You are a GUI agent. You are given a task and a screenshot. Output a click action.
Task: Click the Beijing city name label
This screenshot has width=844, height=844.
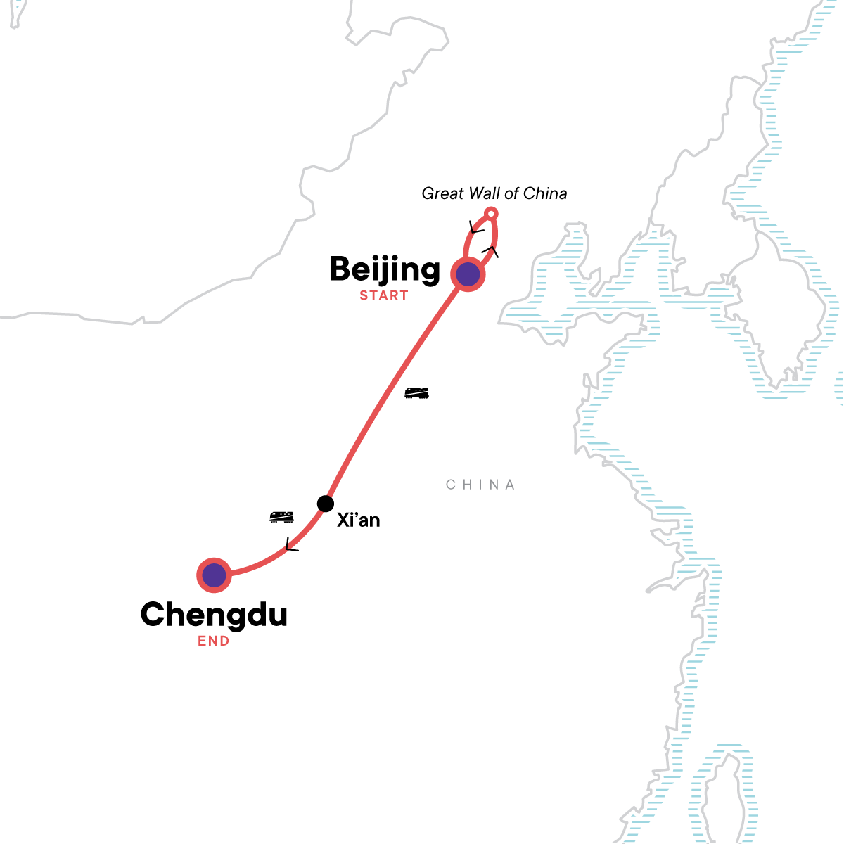pos(385,270)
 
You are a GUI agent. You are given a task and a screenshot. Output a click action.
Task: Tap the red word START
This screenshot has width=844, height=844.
pos(384,296)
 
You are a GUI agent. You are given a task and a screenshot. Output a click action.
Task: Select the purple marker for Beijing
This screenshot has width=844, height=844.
pos(468,274)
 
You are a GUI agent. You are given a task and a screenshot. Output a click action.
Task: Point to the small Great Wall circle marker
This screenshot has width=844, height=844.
pos(492,213)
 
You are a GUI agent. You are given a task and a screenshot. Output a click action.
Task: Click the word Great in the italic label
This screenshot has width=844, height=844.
pos(442,193)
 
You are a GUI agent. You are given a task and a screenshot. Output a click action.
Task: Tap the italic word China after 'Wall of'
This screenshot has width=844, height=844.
pos(546,193)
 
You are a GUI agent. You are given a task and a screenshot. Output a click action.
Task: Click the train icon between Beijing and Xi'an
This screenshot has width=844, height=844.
pos(416,393)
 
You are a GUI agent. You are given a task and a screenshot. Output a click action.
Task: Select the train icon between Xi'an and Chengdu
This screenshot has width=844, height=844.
pos(281,518)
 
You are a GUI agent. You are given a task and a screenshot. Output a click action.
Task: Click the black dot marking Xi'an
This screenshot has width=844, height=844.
pos(325,504)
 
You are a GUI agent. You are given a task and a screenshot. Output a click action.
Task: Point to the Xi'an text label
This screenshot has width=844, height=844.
pos(359,520)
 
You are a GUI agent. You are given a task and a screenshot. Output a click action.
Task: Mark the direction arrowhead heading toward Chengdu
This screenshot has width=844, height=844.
pos(290,545)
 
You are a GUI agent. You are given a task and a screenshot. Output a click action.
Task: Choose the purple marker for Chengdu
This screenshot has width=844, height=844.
pos(214,575)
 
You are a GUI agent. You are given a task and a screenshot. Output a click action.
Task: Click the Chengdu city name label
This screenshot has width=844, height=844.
pos(214,615)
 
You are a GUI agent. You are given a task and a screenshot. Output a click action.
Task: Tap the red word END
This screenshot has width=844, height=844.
pos(213,641)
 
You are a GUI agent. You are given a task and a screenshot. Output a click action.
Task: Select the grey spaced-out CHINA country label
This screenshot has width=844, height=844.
pos(481,485)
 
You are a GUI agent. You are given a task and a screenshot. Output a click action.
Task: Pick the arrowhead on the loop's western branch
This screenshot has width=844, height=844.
pos(476,227)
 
